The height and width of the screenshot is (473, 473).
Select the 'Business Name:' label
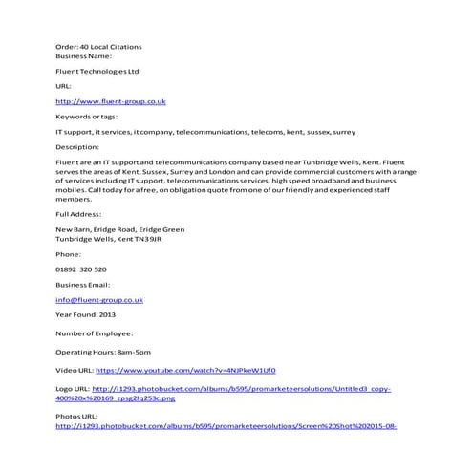83,55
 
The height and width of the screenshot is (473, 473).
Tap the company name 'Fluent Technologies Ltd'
97,71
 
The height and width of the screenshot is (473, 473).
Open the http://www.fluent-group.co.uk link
112,100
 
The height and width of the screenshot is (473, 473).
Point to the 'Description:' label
77,147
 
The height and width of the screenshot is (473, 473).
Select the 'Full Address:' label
78,215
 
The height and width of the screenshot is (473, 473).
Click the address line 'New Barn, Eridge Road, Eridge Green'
120,229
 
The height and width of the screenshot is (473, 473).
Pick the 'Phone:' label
69,254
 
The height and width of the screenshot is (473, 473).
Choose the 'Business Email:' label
83,285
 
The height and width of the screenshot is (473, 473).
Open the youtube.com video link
186,371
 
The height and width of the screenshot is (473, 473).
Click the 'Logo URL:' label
74,390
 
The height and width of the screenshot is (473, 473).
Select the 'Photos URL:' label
76,417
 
